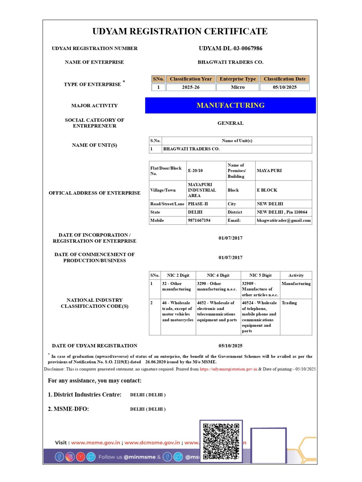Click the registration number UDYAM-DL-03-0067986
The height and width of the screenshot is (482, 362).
coord(230,48)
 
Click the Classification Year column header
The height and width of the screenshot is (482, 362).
coord(191,79)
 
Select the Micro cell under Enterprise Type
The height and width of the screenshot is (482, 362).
coord(238,87)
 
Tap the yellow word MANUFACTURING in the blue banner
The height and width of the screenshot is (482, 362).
coord(230,105)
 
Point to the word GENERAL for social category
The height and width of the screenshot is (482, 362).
coord(230,123)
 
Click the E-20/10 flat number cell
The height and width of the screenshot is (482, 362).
coord(195,171)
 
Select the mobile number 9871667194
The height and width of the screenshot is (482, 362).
coord(199,220)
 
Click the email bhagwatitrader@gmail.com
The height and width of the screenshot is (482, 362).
coord(284,220)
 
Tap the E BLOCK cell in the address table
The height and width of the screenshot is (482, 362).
coord(267,190)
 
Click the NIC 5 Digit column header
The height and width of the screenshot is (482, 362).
coord(260,275)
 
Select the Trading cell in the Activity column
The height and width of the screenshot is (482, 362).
coord(289,303)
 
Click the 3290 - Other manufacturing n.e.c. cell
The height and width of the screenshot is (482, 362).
coord(217,286)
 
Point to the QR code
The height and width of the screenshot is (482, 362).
coord(221,441)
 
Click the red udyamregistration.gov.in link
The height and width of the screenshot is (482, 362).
coord(228,369)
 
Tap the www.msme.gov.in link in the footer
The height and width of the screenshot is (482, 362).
coord(96,443)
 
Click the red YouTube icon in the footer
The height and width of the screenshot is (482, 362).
coord(81,457)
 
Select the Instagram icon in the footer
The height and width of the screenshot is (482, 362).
coord(70,457)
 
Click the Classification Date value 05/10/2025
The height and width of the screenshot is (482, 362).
coord(284,87)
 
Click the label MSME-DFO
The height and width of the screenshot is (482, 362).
coord(68,409)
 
